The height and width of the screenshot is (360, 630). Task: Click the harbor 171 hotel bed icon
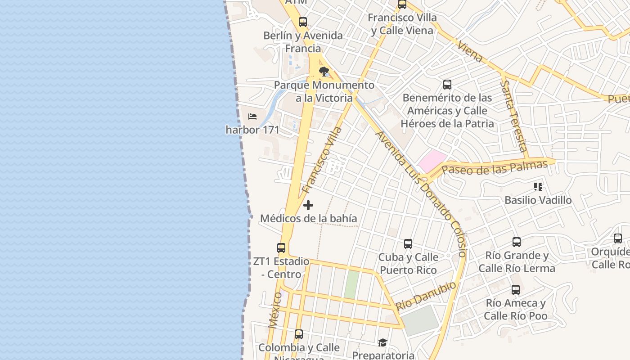coord(252,117)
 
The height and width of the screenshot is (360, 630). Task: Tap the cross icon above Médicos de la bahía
coord(308,206)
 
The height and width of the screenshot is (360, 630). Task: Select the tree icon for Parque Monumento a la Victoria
coord(324,72)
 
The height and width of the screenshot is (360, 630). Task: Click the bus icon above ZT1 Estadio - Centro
coord(281,248)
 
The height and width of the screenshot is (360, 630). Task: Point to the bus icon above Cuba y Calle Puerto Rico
coord(408,244)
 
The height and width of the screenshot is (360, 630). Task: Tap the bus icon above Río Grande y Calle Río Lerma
coord(517,242)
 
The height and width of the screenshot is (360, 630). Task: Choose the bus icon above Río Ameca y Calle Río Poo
coord(516,290)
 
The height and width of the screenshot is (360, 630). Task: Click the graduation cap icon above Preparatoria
coord(382,343)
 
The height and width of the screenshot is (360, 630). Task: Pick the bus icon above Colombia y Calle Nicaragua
coord(299,334)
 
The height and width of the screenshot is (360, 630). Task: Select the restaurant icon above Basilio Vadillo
coord(538,186)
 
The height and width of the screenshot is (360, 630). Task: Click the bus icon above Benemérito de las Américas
coord(447,84)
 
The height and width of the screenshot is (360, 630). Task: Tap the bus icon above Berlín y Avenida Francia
coord(303,22)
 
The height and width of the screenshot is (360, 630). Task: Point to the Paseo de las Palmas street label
coord(495,167)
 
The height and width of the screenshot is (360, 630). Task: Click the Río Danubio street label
coord(426,296)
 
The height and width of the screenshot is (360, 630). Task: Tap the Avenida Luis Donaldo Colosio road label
coord(421,193)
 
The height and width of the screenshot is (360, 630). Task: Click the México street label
coord(275,310)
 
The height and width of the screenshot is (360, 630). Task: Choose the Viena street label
coord(470,52)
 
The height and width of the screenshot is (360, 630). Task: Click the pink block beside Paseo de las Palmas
coord(432,161)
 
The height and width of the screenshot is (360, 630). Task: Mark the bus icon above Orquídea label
coord(618,238)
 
